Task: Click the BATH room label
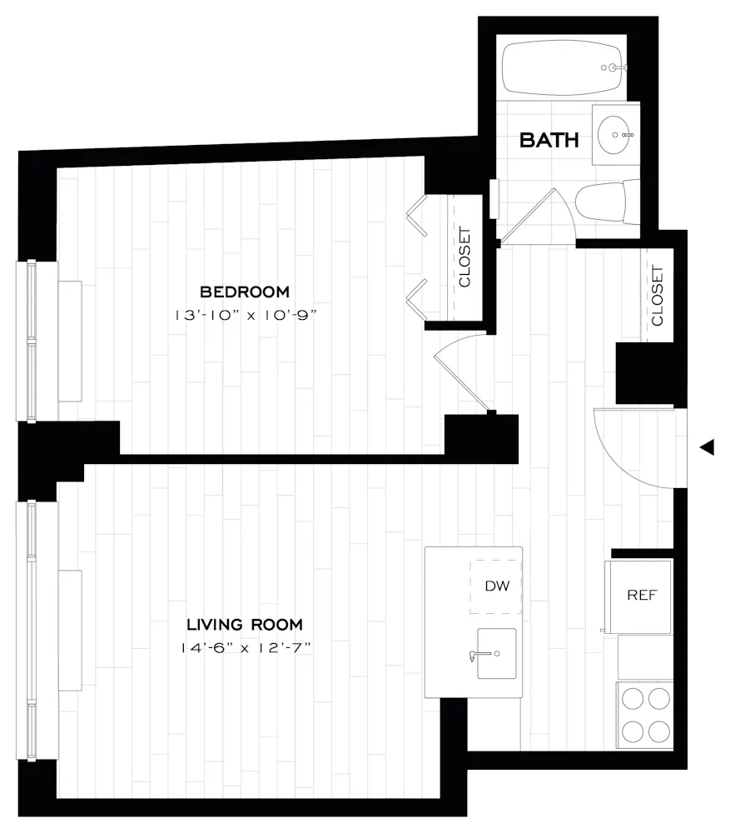(549, 139)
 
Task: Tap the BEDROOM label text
(245, 292)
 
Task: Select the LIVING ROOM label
(244, 624)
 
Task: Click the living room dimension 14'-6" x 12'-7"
(244, 646)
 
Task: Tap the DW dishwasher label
(497, 586)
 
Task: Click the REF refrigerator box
(642, 596)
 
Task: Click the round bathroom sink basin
(617, 134)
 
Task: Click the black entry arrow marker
(707, 448)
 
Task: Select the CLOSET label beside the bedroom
(464, 257)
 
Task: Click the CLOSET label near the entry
(658, 295)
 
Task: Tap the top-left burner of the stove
(633, 698)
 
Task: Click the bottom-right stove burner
(659, 731)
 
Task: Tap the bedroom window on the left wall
(32, 341)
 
